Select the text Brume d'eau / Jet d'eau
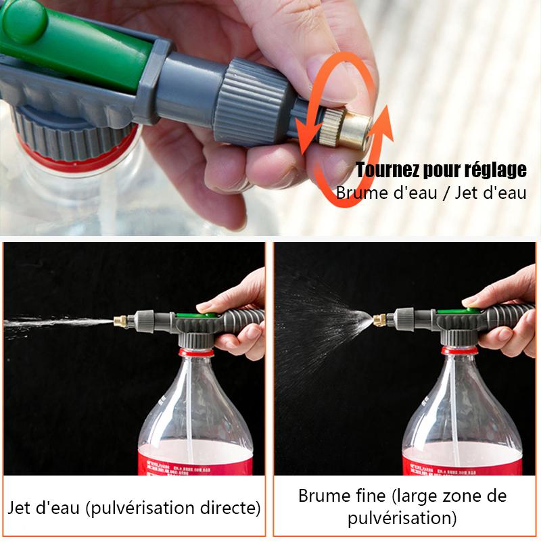click(x=431, y=193)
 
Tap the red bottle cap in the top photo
click(x=74, y=157)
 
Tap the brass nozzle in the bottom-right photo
click(x=379, y=317)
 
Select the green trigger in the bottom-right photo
click(x=460, y=311)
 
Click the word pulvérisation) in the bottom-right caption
click(x=402, y=519)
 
